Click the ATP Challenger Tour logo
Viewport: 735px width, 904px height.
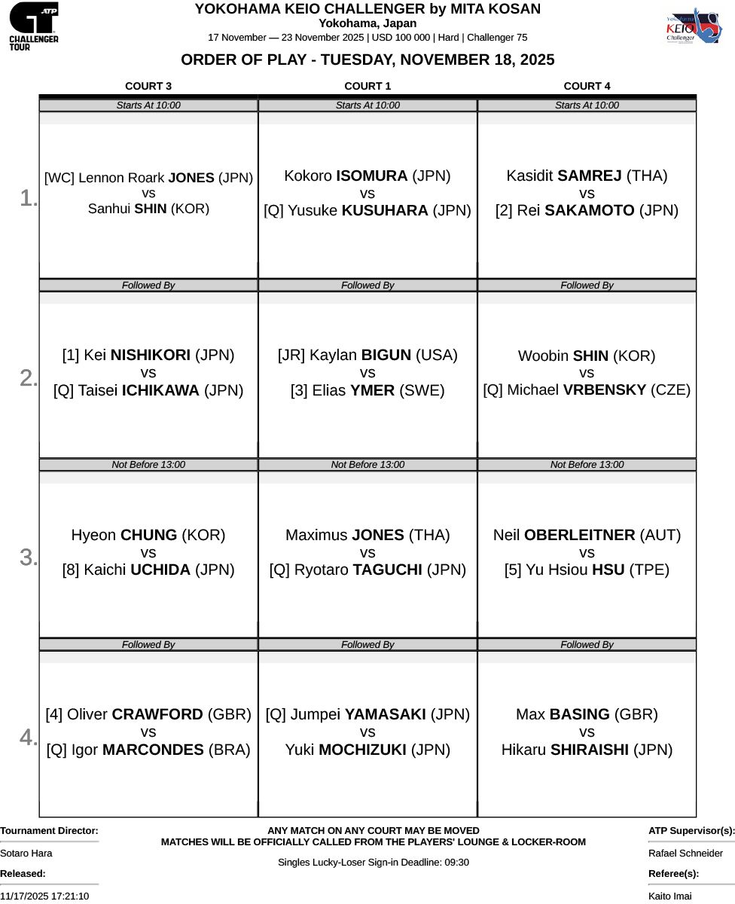point(33,26)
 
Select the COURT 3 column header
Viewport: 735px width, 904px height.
point(148,86)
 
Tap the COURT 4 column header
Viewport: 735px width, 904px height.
point(587,86)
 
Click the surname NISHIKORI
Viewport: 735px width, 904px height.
point(151,355)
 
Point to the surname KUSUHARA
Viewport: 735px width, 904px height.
point(385,211)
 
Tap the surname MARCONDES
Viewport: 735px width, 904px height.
point(153,750)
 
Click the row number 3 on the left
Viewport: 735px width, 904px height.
point(29,557)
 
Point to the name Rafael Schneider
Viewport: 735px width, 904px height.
point(685,853)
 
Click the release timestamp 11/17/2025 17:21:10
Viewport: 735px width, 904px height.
point(44,896)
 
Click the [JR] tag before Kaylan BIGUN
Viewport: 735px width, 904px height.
point(291,355)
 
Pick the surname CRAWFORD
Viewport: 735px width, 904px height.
point(157,714)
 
